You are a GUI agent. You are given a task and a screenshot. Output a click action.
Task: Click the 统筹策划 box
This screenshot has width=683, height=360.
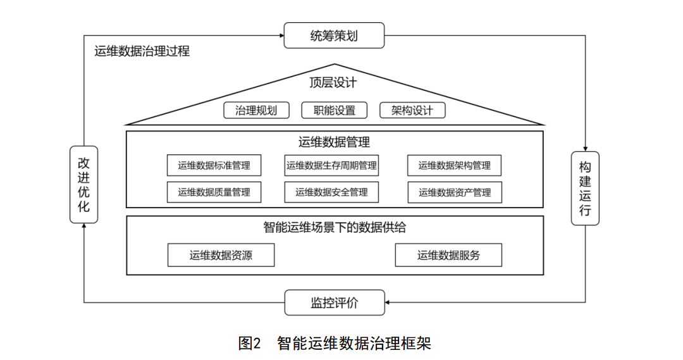tap(334, 35)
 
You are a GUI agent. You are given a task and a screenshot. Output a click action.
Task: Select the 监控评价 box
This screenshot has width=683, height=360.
tap(335, 302)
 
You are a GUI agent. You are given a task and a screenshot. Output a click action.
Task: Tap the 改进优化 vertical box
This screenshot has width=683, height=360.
tap(83, 185)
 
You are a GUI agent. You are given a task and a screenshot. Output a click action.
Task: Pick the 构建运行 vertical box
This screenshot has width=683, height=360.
tap(585, 189)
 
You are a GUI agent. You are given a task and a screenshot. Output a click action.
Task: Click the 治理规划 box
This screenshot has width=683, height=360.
tap(256, 110)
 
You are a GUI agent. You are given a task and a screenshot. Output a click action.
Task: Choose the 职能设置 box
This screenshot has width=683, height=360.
tap(334, 110)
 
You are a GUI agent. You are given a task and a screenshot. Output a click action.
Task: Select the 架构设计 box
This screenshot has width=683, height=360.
tap(412, 110)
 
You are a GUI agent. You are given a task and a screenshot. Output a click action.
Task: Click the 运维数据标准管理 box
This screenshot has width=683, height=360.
tap(214, 166)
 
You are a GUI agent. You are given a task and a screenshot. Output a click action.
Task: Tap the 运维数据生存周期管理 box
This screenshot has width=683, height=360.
tap(331, 166)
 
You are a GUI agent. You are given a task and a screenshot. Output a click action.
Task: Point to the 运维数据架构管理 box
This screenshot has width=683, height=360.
tap(454, 166)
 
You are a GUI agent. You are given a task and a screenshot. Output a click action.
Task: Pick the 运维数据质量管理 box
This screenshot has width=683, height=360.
tap(214, 192)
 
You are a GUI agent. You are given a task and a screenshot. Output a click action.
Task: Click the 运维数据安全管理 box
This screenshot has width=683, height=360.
tap(331, 192)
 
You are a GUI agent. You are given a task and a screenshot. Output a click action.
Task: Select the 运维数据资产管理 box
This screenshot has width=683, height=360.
tap(454, 192)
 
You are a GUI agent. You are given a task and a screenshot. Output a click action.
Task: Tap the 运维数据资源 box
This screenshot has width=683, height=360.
tap(221, 255)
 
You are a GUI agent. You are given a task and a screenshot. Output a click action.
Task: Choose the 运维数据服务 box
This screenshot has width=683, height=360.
tap(448, 255)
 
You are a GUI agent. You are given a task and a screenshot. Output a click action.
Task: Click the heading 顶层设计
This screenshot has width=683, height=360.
tap(333, 82)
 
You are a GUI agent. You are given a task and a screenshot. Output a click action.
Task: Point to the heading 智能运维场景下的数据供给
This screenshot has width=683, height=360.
tap(335, 227)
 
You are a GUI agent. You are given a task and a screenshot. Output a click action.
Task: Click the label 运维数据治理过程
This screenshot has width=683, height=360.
tap(142, 51)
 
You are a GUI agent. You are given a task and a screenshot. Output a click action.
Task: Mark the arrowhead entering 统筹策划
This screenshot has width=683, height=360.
tap(282, 35)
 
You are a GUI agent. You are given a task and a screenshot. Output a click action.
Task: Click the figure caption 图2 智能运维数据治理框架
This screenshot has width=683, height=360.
tap(335, 344)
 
